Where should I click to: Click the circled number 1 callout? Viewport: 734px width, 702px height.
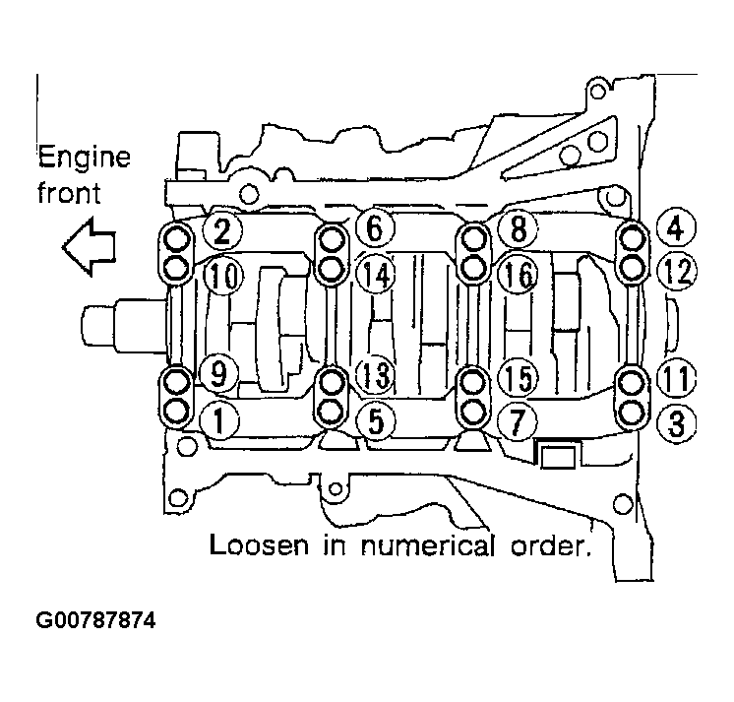point(218,421)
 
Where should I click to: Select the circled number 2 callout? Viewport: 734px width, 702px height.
point(222,231)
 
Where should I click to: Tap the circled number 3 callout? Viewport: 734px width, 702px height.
point(675,423)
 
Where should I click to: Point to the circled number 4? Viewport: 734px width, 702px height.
point(674,229)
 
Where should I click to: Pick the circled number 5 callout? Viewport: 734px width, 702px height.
point(374,421)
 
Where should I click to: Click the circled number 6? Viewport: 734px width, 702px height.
point(374,229)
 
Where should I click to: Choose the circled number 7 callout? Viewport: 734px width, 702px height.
point(518,421)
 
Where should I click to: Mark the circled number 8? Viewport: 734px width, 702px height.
point(518,230)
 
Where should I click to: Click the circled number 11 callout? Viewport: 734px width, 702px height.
point(675,377)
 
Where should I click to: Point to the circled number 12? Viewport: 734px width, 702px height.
point(675,273)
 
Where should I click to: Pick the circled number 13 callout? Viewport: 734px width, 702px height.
point(374,374)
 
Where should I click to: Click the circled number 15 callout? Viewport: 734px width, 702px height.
point(518,376)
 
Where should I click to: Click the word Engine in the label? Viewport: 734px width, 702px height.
point(85,157)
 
